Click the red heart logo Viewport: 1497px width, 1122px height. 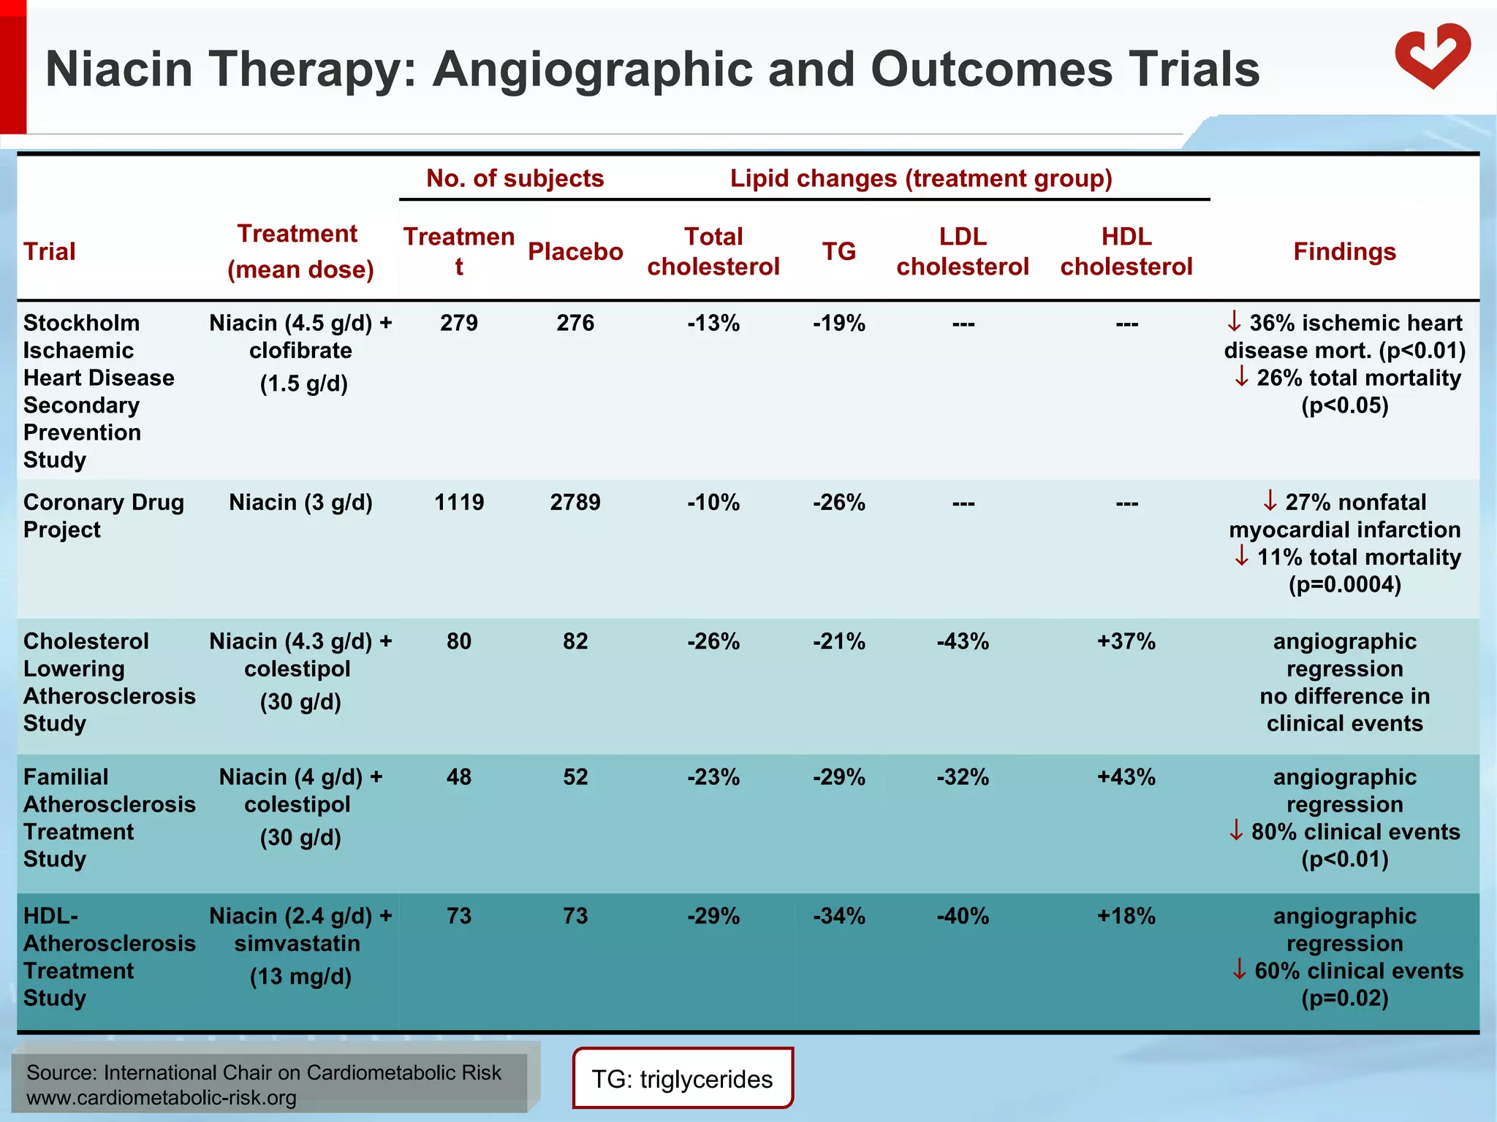point(1432,57)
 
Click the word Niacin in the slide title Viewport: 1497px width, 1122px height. point(119,69)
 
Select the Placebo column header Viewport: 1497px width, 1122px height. point(575,252)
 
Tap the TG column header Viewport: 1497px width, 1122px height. point(838,252)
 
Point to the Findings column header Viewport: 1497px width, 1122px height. point(1344,252)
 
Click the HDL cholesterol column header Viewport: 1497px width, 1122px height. point(1126,252)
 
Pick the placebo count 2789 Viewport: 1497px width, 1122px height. point(575,503)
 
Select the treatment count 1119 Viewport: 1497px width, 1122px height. point(459,503)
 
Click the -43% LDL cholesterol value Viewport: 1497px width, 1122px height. point(963,642)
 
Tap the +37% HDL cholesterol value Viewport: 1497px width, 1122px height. point(1126,642)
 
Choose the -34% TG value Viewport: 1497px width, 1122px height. point(838,917)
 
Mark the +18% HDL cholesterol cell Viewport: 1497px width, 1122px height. point(1126,917)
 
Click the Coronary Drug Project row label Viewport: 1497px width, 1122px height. point(102,516)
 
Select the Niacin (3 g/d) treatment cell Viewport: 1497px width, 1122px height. point(300,503)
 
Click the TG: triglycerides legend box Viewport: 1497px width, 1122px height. point(682,1079)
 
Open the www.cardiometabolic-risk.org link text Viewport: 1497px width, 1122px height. point(161,1098)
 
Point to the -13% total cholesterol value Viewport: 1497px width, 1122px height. point(713,324)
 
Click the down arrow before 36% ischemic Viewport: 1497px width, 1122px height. point(1234,321)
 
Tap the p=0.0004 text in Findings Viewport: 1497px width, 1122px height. point(1344,585)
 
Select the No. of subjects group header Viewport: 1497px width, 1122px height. point(515,179)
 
